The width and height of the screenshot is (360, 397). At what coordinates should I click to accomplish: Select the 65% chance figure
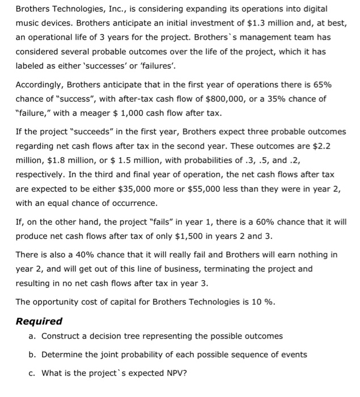coord(323,85)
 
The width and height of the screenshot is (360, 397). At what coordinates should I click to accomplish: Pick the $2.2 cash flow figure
coord(320,146)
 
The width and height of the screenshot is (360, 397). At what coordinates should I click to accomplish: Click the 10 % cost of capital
coord(263,301)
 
